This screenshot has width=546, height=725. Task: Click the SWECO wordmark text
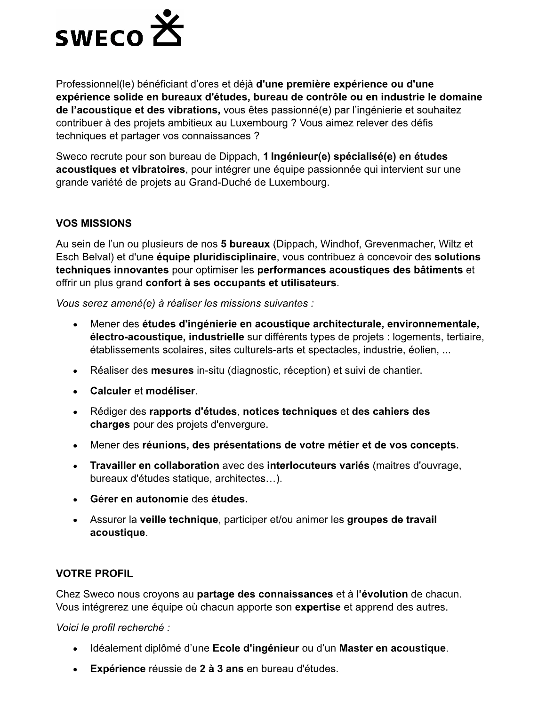tap(98, 38)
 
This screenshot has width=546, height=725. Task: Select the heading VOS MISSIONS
tap(94, 223)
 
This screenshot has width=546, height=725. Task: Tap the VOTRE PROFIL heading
tap(94, 573)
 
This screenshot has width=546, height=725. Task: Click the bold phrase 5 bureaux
tap(245, 244)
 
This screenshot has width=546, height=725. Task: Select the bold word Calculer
tap(111, 391)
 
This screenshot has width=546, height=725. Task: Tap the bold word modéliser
tap(170, 391)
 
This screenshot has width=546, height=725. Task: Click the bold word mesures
tap(172, 370)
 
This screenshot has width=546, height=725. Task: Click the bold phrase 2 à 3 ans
tap(221, 669)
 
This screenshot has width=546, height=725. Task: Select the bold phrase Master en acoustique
tap(392, 648)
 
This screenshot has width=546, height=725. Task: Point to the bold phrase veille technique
tap(179, 520)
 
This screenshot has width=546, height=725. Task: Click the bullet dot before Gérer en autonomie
tap(75, 499)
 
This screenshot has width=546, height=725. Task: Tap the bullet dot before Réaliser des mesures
tap(75, 371)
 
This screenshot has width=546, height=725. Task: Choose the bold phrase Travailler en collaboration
tap(154, 466)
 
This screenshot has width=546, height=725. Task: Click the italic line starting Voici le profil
tap(113, 628)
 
